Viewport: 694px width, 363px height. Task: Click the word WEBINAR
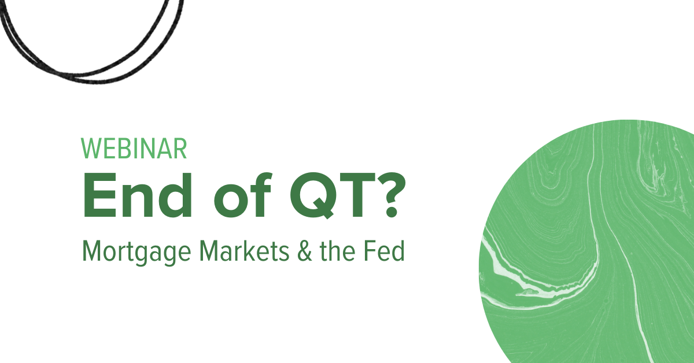[134, 149]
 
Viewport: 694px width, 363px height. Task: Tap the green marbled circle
[590, 243]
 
